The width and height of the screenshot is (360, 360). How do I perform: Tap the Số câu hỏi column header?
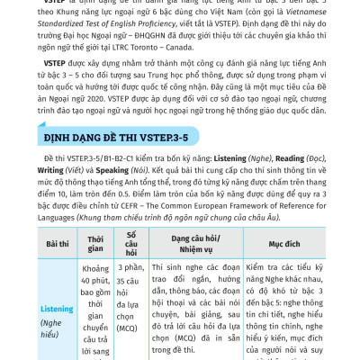coord(132,243)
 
